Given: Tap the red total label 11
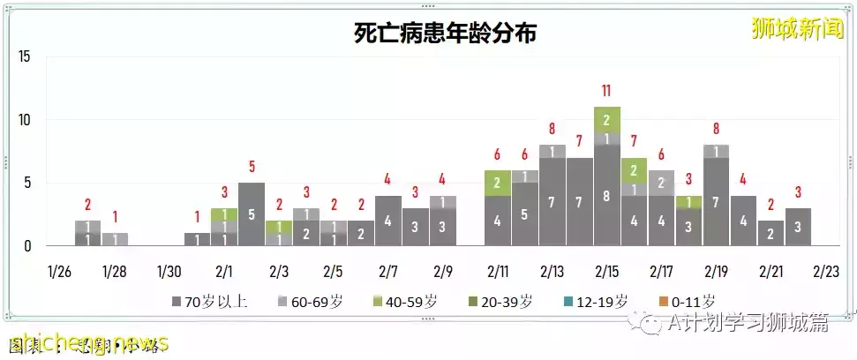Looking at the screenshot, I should point(606,90).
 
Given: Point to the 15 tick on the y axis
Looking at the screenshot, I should point(25,56).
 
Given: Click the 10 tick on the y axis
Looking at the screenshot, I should point(25,120).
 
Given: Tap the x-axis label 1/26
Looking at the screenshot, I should point(59,270).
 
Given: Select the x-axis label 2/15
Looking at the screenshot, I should point(606,270).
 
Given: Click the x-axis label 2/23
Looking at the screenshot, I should point(825,270).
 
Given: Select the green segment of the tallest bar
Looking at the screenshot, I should point(606,119).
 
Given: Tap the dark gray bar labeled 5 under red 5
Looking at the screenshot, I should point(251,214).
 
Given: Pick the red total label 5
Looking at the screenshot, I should point(251,166).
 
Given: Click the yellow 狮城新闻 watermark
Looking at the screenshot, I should point(793,30).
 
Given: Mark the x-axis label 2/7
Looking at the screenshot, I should point(387,270).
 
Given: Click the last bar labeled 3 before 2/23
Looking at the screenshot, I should point(798,227).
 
